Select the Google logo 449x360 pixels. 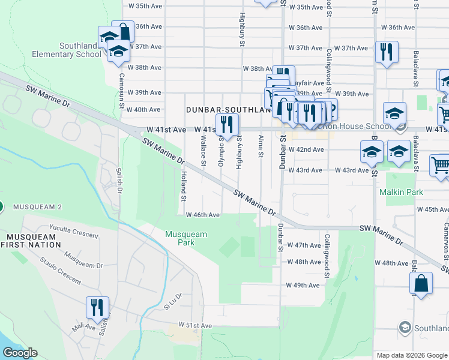point(20,353)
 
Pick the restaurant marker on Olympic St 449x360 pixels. point(228,124)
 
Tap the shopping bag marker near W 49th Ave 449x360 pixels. point(421,283)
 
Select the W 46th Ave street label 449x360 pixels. point(202,215)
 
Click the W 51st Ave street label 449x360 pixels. point(195,325)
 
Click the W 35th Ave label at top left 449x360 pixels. point(146,6)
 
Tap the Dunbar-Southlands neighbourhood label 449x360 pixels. point(228,110)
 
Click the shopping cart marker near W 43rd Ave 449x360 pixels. point(441,166)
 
